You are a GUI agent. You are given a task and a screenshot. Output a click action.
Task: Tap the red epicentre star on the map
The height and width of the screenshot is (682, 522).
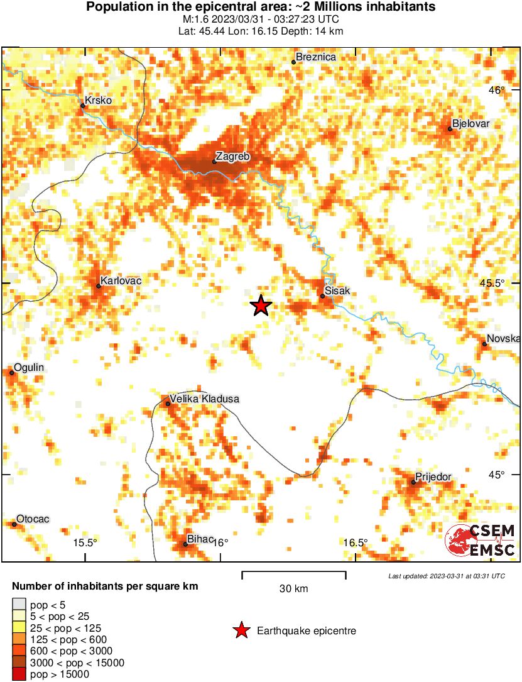click(x=261, y=306)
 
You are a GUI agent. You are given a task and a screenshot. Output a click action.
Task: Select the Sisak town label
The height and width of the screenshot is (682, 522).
click(x=337, y=291)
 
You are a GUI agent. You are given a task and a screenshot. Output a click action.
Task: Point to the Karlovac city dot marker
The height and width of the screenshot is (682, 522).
click(x=99, y=286)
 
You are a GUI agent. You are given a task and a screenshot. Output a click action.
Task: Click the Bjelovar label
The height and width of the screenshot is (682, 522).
click(x=470, y=124)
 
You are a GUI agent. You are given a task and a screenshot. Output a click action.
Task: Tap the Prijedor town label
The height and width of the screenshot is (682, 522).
click(x=433, y=477)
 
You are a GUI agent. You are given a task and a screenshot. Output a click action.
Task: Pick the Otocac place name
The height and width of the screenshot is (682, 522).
click(x=33, y=519)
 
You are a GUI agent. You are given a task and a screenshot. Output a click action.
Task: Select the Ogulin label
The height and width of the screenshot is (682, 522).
click(x=29, y=367)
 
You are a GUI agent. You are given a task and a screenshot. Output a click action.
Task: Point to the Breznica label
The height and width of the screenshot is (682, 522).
click(x=316, y=57)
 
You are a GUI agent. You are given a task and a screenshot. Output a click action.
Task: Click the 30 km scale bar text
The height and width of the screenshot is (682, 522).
click(x=293, y=589)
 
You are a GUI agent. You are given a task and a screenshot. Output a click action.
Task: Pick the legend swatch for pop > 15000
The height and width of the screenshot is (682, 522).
click(x=19, y=674)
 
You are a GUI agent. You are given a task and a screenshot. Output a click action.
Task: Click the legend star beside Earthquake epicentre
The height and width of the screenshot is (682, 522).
click(x=241, y=630)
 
